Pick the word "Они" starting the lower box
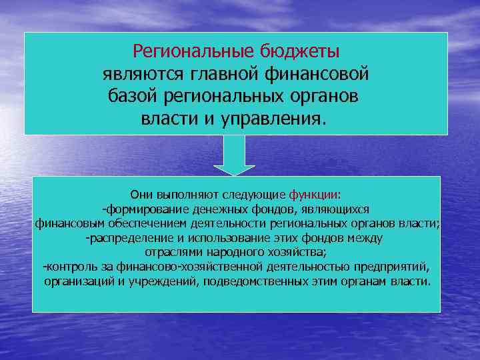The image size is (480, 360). tap(142, 195)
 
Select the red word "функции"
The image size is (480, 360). tap(314, 195)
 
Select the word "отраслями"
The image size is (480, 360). tap(169, 252)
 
